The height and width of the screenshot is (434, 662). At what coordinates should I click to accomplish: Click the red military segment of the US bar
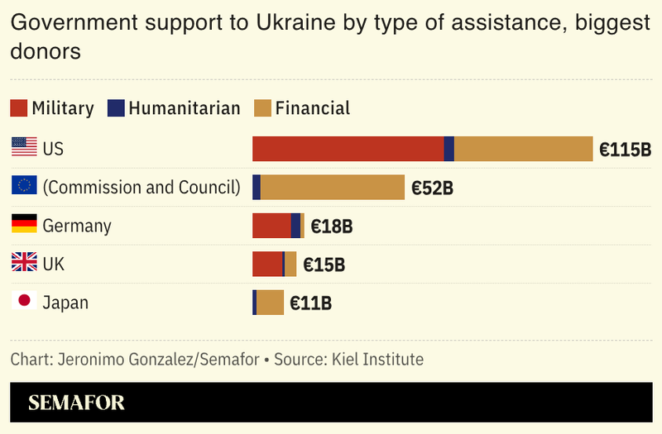pos(348,149)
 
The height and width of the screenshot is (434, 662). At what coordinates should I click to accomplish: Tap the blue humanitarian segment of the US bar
pos(449,149)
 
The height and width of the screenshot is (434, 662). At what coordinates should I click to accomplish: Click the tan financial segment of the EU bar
pos(332,187)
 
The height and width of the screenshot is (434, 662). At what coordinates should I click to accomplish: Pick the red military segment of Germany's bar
pos(271,226)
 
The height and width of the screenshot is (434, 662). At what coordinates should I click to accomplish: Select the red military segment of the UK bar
pos(267,264)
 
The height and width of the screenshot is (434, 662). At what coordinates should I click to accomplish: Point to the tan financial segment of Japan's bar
pos(270,303)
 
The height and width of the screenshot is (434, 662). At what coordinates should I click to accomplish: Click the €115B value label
pos(625,150)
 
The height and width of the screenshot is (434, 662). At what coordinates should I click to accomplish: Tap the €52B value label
pos(432,188)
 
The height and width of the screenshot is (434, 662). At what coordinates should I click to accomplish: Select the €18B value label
pos(332,227)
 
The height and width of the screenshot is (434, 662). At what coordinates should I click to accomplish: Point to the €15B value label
pos(324,265)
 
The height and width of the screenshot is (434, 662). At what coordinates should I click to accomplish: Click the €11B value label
pos(310,303)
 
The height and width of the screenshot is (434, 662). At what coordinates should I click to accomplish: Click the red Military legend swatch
pos(18,108)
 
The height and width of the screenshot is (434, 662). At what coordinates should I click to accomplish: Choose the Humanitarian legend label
pos(185,108)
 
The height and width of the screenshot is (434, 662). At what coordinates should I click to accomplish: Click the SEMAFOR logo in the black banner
pos(76,403)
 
